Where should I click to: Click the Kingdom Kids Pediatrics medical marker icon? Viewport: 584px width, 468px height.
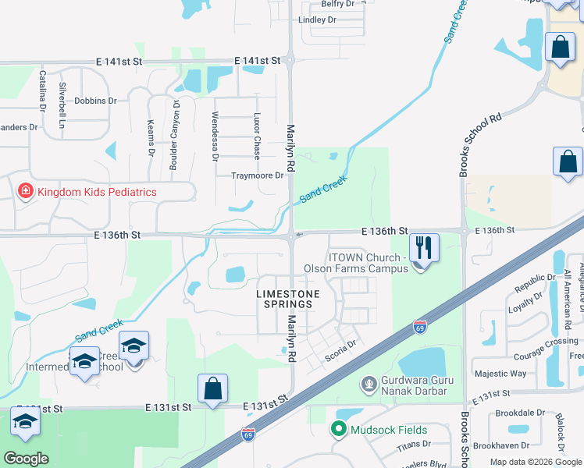click(x=25, y=191)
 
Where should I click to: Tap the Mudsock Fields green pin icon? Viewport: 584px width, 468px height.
click(x=339, y=429)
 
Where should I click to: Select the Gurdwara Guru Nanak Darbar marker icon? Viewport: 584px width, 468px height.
click(x=369, y=384)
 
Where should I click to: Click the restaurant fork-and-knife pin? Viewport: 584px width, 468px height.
click(x=424, y=249)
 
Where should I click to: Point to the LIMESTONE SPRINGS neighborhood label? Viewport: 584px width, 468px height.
click(x=288, y=298)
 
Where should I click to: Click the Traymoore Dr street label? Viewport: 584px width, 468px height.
click(x=257, y=175)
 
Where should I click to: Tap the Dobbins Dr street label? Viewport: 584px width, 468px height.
click(x=95, y=101)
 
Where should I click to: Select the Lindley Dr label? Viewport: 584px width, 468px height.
click(x=317, y=19)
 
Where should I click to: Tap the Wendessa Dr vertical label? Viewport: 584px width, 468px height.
click(x=215, y=136)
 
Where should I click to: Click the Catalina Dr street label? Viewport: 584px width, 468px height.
click(x=42, y=91)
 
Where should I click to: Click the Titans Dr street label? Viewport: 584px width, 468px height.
click(x=415, y=444)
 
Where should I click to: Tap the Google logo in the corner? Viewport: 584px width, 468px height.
click(x=26, y=459)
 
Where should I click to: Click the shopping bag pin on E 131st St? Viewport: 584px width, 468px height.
click(x=212, y=389)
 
